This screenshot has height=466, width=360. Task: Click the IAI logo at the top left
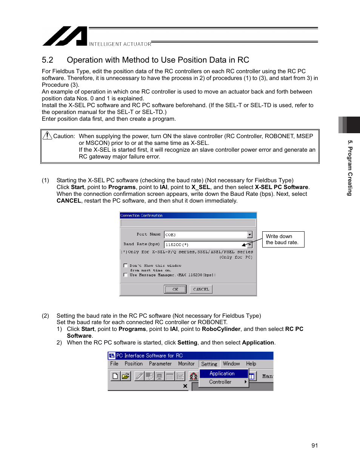click(x=65, y=36)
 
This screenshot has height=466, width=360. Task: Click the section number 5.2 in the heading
click(x=48, y=60)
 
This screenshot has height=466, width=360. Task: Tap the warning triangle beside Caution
click(x=47, y=135)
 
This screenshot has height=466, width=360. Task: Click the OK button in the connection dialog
click(x=175, y=289)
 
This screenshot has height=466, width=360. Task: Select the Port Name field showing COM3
click(x=206, y=235)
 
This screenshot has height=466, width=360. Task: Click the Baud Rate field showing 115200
click(x=204, y=245)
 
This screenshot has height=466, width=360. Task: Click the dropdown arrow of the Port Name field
click(x=249, y=235)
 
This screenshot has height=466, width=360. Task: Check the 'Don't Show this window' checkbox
click(x=125, y=266)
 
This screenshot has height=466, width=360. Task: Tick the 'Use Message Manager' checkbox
click(x=125, y=275)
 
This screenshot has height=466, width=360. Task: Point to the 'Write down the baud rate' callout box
click(x=283, y=239)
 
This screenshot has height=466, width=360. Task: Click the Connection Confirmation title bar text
click(x=142, y=215)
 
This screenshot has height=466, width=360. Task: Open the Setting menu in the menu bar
click(x=209, y=364)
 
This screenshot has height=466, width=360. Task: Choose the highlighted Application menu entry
click(x=222, y=374)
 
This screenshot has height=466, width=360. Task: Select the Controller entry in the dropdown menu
click(x=220, y=382)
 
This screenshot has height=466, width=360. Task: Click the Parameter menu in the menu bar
click(x=160, y=364)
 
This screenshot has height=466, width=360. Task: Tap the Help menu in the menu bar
click(x=251, y=364)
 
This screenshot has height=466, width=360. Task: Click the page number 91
click(x=315, y=446)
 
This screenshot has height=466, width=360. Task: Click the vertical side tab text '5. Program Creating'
click(x=350, y=168)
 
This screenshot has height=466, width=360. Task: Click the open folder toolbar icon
click(x=126, y=376)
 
